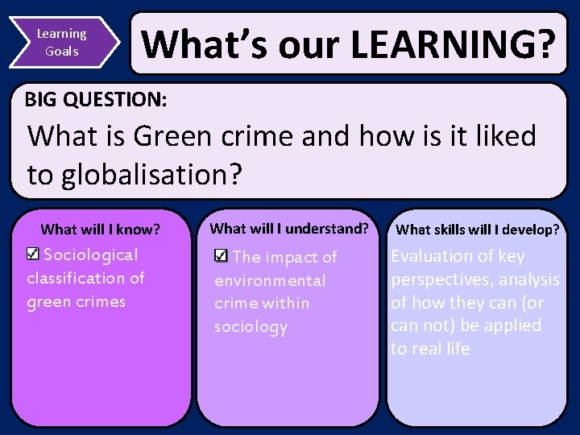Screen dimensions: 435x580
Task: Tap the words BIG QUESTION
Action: tap(96, 100)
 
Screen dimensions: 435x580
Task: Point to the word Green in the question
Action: tap(168, 136)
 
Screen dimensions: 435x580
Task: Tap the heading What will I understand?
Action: tap(288, 228)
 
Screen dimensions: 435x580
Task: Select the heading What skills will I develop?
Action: tap(478, 230)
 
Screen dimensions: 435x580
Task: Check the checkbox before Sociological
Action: tap(32, 255)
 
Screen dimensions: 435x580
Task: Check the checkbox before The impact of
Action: tap(222, 256)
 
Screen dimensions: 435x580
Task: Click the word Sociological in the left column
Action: tap(90, 255)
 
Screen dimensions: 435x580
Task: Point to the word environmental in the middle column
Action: tap(270, 280)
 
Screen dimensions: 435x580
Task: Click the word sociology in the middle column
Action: tap(251, 327)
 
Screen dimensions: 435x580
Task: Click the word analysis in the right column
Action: tap(529, 280)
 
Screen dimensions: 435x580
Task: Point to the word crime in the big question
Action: tap(252, 136)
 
